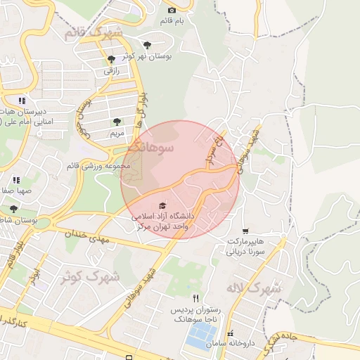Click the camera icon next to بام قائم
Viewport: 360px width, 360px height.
click(172, 11)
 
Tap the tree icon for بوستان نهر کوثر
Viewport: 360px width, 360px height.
click(147, 44)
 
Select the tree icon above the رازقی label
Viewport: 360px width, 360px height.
click(111, 60)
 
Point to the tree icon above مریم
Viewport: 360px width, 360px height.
click(117, 122)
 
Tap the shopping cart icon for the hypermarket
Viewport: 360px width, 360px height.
click(245, 231)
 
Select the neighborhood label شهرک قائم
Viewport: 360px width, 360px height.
click(92, 32)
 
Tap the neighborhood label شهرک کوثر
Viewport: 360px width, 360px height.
click(89, 276)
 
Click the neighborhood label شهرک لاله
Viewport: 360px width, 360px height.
click(254, 288)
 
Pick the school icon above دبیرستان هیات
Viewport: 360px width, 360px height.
click(22, 101)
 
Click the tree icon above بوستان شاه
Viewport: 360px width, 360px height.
click(13, 209)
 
